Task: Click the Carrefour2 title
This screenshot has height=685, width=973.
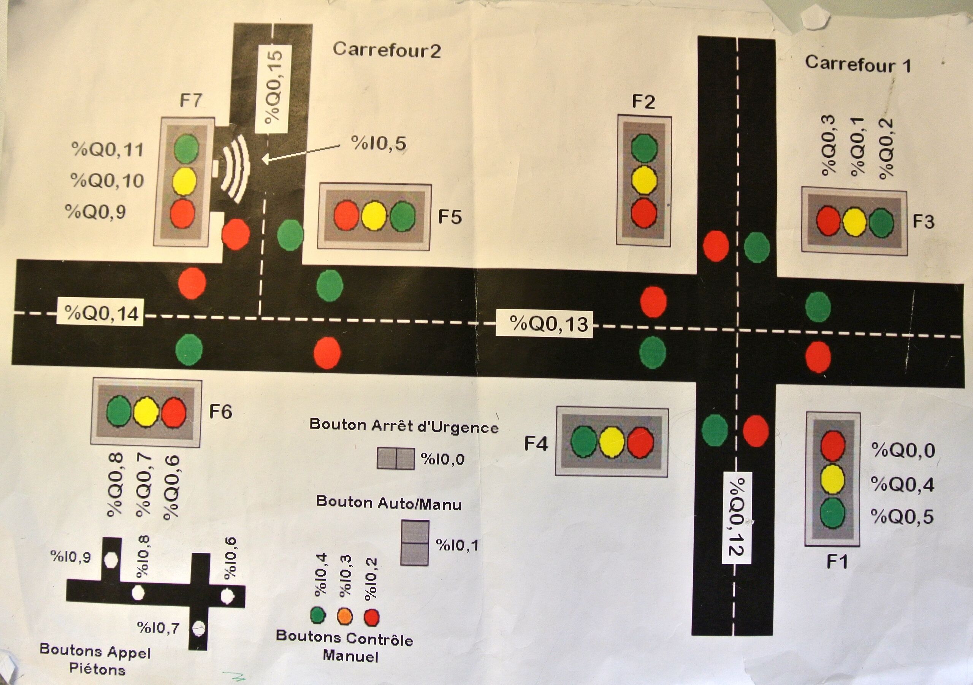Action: pyautogui.click(x=387, y=50)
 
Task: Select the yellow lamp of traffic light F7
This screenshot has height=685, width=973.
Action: pyautogui.click(x=185, y=181)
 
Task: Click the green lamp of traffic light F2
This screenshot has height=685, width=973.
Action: pyautogui.click(x=644, y=148)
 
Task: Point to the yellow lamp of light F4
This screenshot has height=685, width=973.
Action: pyautogui.click(x=612, y=442)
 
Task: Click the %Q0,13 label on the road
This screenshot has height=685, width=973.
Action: pyautogui.click(x=549, y=324)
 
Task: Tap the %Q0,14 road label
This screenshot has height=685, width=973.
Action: pyautogui.click(x=101, y=313)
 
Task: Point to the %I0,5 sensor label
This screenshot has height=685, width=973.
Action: pyautogui.click(x=379, y=143)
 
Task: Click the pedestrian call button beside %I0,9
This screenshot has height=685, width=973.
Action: pyautogui.click(x=111, y=559)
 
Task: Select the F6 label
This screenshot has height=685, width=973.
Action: pyautogui.click(x=220, y=411)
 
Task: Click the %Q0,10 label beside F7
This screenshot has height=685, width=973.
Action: pyautogui.click(x=107, y=181)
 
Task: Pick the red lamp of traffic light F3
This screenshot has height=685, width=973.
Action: pyautogui.click(x=829, y=220)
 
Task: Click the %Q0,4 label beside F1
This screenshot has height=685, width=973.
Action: pyautogui.click(x=902, y=484)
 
